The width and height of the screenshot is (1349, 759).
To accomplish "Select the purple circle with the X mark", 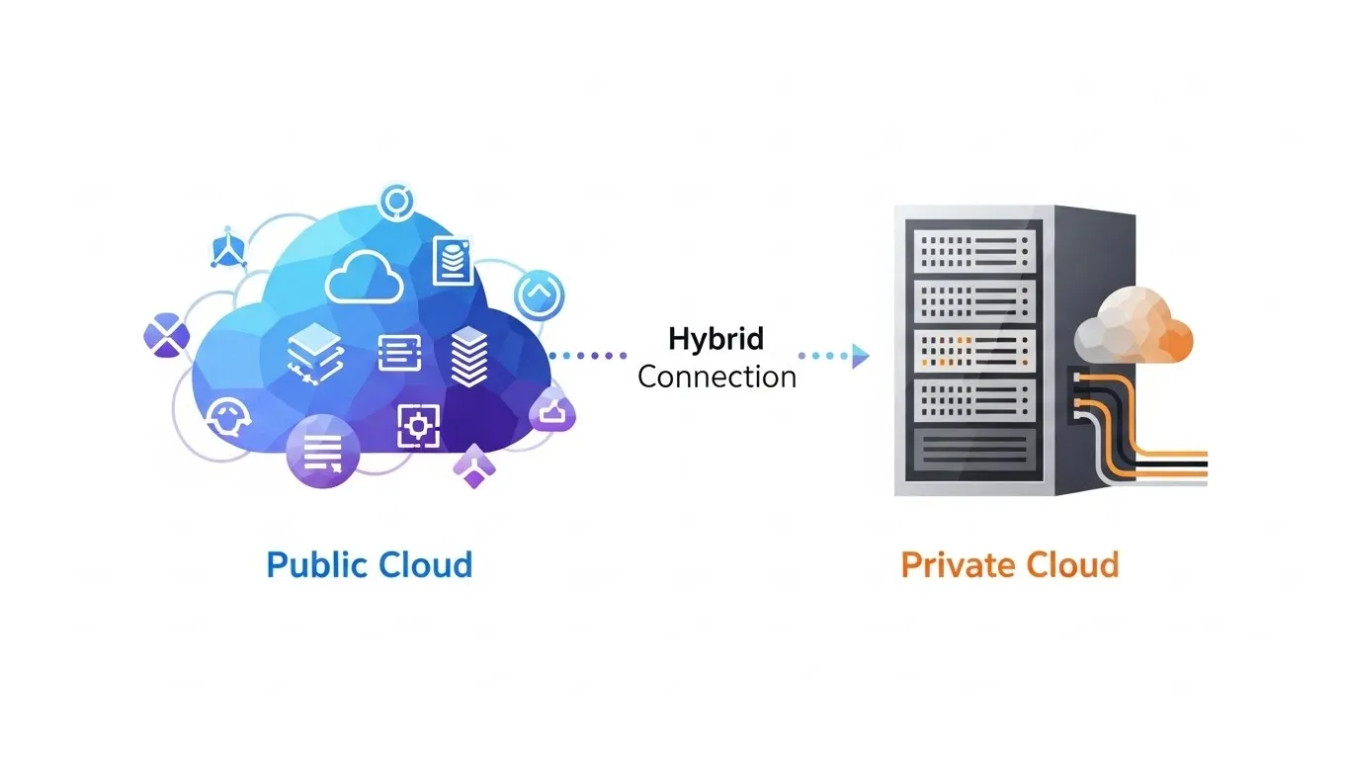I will coord(165,333).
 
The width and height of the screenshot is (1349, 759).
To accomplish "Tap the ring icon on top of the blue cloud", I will coord(396,201).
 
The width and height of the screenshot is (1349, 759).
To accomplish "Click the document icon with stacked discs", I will coord(453,260).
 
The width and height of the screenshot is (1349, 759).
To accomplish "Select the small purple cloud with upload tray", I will coord(551,411).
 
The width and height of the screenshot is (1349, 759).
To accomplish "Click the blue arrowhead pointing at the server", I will coord(860,356).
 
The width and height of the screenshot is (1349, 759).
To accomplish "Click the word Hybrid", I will coord(717,339).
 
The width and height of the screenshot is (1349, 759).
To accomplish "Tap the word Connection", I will coord(717,377).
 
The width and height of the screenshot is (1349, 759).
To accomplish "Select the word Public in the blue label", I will coord(316,565).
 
